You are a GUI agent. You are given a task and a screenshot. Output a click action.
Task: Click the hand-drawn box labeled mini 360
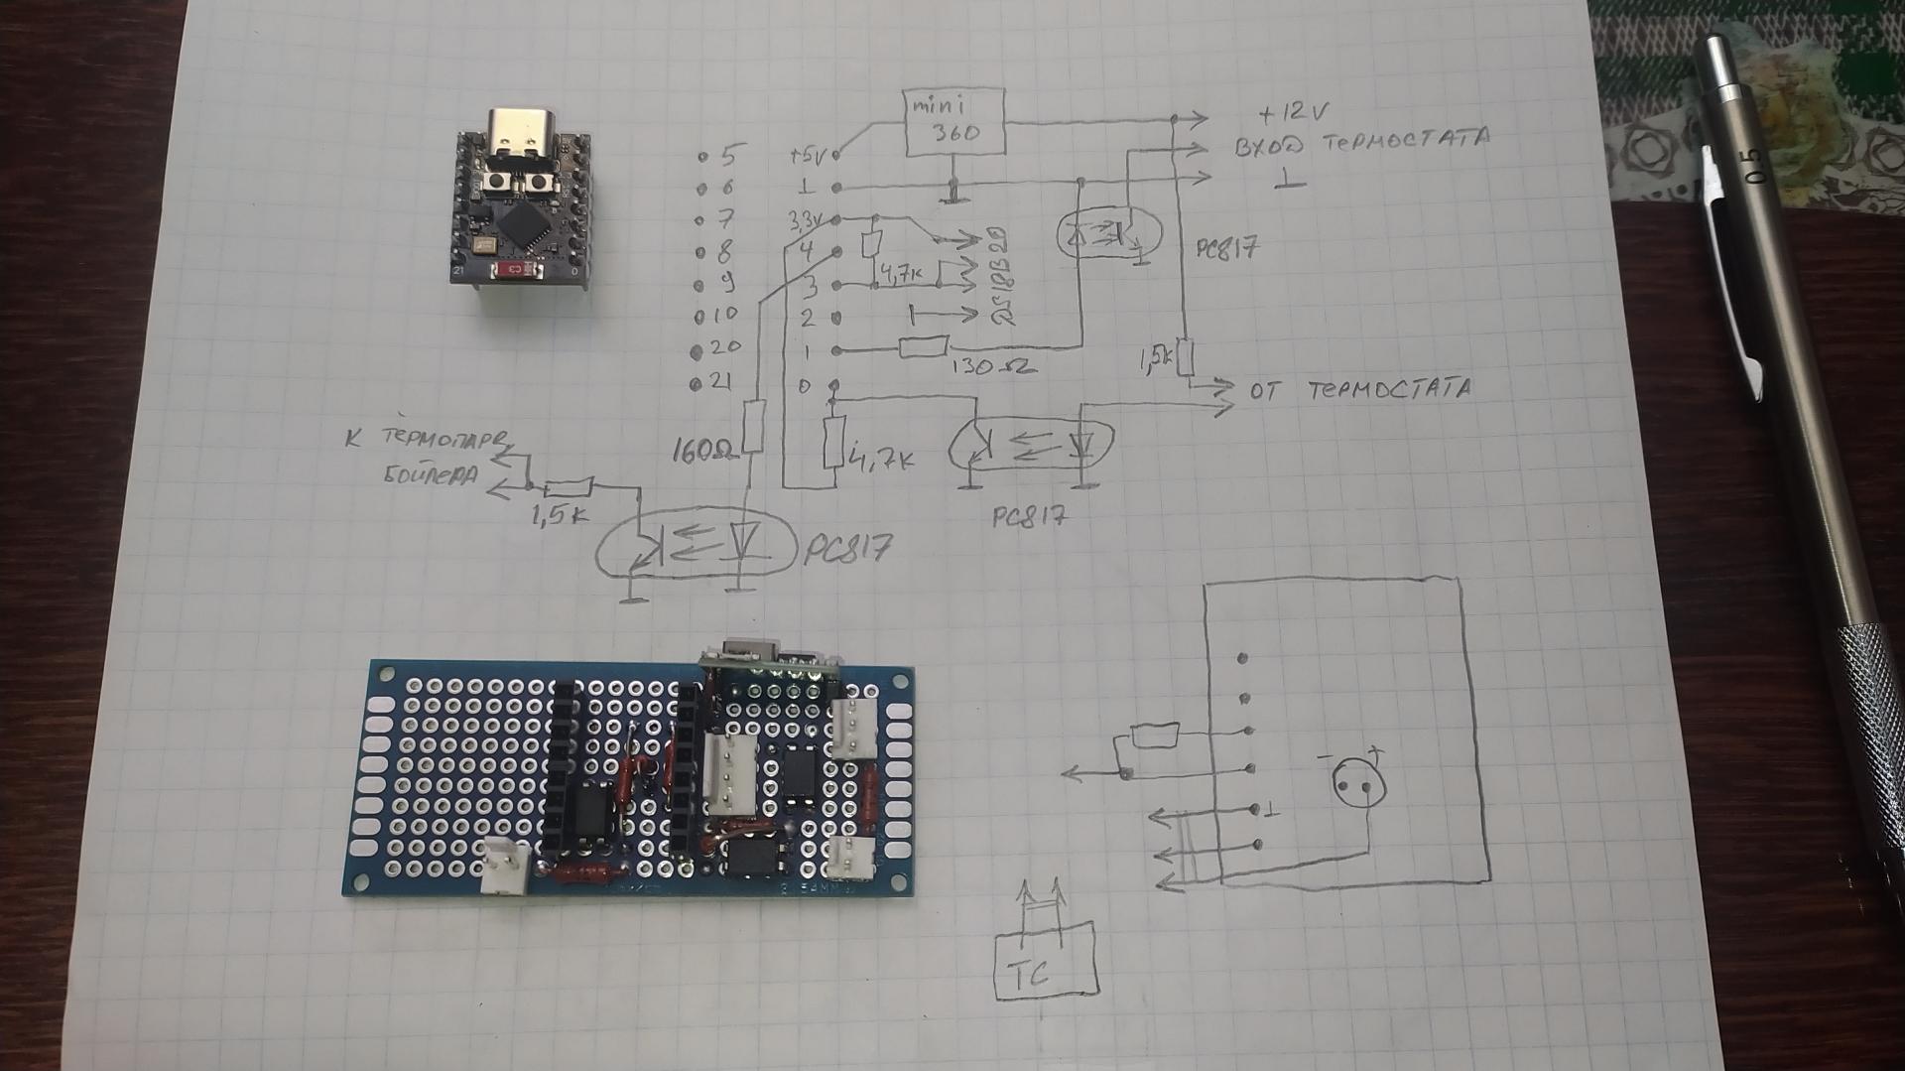point(954,121)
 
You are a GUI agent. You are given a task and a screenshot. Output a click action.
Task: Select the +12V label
point(1291,112)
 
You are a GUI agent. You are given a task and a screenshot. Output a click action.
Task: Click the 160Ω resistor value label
point(706,452)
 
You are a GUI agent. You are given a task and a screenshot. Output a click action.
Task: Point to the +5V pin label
point(808,156)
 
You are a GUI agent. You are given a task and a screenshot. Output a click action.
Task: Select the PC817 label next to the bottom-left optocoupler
point(846,549)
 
